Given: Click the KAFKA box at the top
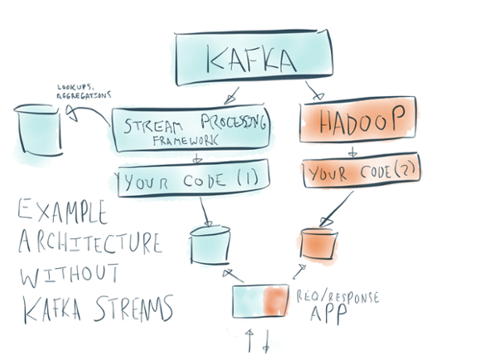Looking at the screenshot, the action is coord(254,58).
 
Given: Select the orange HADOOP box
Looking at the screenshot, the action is coord(358,119).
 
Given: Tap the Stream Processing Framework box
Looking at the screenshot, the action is coord(190,128).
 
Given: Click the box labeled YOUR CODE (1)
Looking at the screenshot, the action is coord(193,178).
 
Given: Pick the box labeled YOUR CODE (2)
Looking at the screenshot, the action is coord(362,170).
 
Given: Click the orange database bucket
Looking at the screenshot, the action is coord(319,243).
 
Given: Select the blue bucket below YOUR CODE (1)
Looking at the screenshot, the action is coord(210,245).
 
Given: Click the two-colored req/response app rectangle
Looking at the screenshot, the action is coord(260,301).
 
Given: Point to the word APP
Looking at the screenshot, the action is coord(329,314).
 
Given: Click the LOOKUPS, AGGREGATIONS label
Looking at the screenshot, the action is coord(84,92).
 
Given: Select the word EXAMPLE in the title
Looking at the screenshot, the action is coord(62,212).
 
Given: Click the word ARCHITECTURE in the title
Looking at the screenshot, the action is coord(89,242).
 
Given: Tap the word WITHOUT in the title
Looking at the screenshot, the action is coord(70,274).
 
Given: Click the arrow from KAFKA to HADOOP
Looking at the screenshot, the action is coord(313,90).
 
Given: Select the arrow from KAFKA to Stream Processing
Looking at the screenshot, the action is coord(232,96).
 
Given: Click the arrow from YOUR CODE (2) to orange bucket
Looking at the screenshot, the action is coord(337,209).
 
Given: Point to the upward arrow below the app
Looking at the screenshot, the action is coord(250,340).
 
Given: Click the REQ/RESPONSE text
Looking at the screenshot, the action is coord(338,297).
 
